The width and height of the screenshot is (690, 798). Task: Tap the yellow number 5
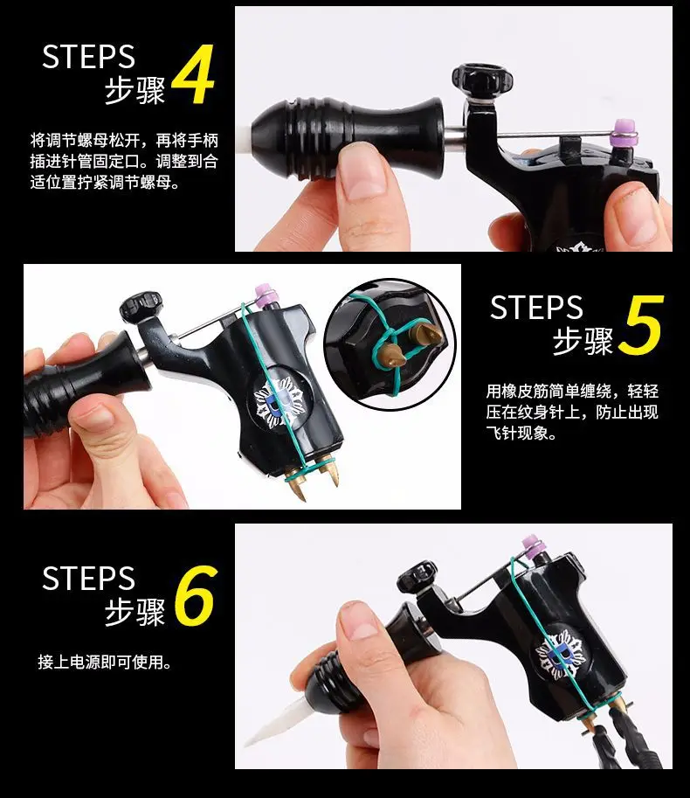pyautogui.click(x=641, y=325)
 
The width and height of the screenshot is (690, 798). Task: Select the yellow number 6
pyautogui.click(x=196, y=595)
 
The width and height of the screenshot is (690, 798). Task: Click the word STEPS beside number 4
pyautogui.click(x=88, y=57)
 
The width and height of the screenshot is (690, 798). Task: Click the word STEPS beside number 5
pyautogui.click(x=536, y=308)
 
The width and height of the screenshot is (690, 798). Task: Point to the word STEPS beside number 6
pyautogui.click(x=88, y=578)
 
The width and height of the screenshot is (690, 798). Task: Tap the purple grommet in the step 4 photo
pyautogui.click(x=624, y=131)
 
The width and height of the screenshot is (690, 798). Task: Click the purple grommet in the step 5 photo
pyautogui.click(x=266, y=295)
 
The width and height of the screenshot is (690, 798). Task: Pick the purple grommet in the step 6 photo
pyautogui.click(x=534, y=545)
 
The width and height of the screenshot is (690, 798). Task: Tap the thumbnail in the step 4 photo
pyautogui.click(x=361, y=177)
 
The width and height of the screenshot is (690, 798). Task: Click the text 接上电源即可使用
pyautogui.click(x=105, y=663)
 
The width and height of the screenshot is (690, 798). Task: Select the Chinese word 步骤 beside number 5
pyautogui.click(x=583, y=341)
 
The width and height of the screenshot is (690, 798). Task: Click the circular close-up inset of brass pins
pyautogui.click(x=390, y=344)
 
